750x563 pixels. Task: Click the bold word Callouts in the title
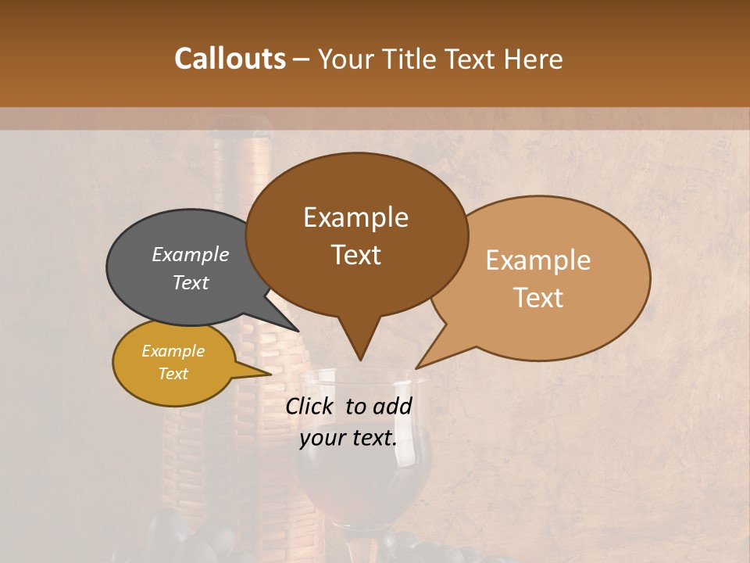pos(230,59)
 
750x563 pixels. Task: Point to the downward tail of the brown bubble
pos(359,344)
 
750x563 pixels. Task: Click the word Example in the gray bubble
pos(191,255)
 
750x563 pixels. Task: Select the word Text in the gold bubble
pos(173,374)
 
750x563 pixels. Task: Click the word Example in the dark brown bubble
pos(355,217)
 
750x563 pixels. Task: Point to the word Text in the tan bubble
pos(538,298)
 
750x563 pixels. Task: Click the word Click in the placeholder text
pos(311,406)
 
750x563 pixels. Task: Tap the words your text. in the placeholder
pos(348,439)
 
